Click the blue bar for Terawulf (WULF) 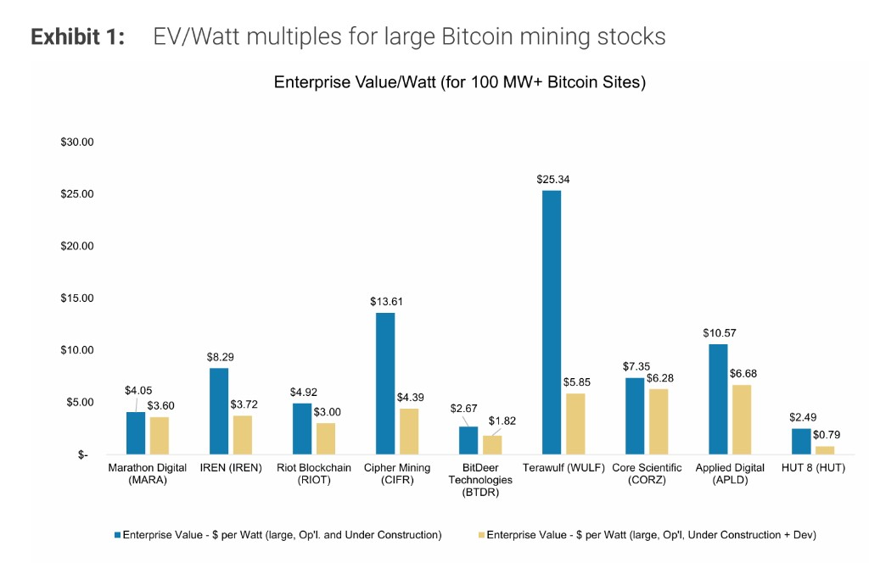tap(551, 322)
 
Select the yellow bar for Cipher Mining tap(409, 432)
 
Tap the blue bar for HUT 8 tap(800, 441)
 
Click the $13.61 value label tap(384, 301)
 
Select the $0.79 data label tap(826, 434)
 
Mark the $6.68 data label tap(743, 373)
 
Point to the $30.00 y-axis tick tap(76, 142)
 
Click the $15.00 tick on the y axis tap(76, 298)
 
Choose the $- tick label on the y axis tap(82, 455)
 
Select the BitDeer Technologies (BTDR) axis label tap(480, 480)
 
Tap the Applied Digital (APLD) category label tap(730, 474)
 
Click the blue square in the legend tap(117, 535)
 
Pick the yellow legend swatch tap(480, 535)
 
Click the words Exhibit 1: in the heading tap(77, 37)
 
